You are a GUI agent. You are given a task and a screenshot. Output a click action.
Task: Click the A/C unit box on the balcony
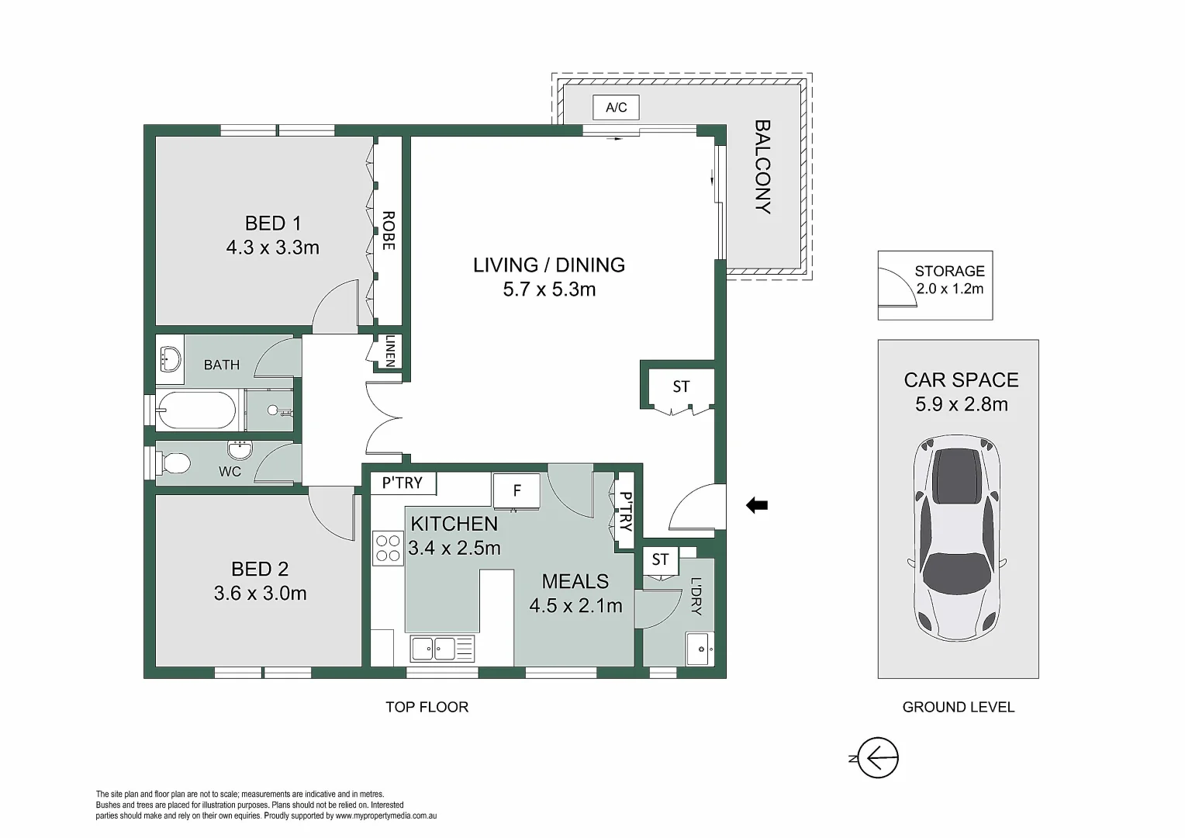tap(616, 107)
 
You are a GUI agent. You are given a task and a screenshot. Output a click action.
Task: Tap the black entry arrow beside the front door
tap(756, 506)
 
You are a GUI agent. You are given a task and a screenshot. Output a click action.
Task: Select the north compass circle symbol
tap(878, 757)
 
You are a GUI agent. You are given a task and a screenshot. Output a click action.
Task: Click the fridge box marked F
tap(516, 491)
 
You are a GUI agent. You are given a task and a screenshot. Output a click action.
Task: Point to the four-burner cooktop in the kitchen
tap(388, 549)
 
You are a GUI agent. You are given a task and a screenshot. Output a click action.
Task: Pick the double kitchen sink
tap(442, 649)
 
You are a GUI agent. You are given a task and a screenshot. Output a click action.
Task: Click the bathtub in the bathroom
tap(196, 410)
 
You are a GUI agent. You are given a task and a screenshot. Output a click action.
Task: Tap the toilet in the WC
tap(171, 464)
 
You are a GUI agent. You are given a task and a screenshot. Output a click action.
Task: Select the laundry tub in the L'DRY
tap(700, 649)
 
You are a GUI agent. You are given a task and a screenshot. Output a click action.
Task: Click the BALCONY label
tap(762, 167)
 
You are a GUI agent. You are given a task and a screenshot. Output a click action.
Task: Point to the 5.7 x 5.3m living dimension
tap(549, 289)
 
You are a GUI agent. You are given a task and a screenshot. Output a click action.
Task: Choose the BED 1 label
tap(273, 223)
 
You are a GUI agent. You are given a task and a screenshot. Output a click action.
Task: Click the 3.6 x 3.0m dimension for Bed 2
tap(261, 594)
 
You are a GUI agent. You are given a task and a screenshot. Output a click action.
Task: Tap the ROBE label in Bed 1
tap(389, 230)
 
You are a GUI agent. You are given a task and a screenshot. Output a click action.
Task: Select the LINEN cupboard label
tap(390, 351)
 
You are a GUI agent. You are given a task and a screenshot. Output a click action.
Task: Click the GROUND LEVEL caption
tap(958, 707)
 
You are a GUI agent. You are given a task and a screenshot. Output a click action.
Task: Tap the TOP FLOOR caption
tap(427, 707)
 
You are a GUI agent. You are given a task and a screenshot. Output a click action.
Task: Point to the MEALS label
tap(575, 581)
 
